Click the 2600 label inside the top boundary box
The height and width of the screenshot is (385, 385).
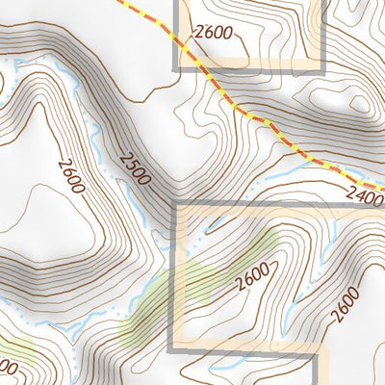click(x=213, y=33)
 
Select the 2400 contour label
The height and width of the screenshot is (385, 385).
click(x=366, y=195)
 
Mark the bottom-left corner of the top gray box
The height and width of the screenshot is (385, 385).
click(x=176, y=68)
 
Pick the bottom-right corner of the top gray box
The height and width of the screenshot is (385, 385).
click(x=322, y=68)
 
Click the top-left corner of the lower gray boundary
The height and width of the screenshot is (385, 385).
click(x=174, y=204)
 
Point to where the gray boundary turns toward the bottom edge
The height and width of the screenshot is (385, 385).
click(x=316, y=353)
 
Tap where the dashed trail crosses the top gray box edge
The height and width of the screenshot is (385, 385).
click(x=176, y=41)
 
